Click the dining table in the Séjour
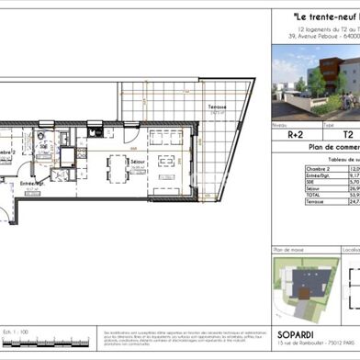click(118, 170)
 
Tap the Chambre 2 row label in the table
click(290, 169)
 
